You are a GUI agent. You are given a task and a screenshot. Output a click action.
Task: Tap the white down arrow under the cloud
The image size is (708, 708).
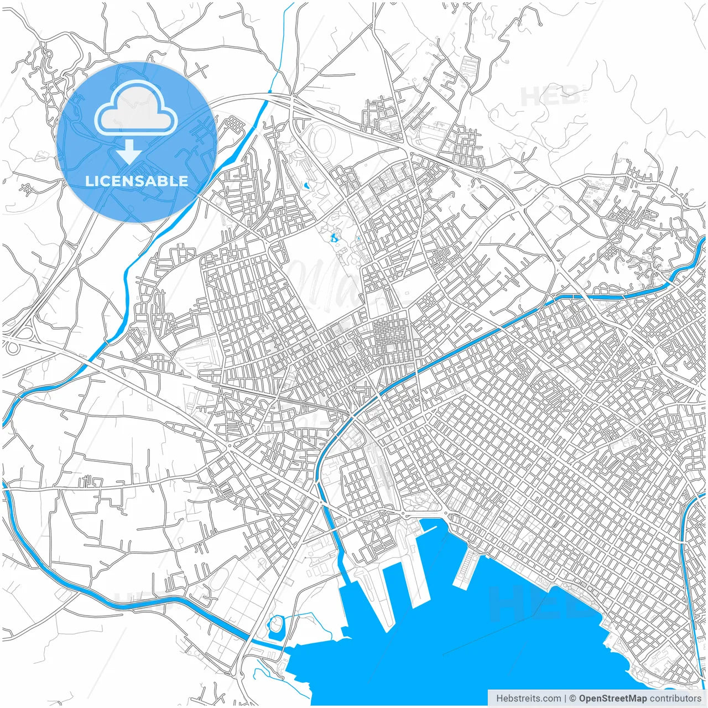(129, 152)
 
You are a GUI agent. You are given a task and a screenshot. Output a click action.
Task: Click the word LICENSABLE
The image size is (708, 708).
(136, 181)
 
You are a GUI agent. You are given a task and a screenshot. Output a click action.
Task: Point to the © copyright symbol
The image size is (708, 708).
(573, 698)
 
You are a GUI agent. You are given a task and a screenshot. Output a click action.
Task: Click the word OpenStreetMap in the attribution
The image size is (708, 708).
(612, 698)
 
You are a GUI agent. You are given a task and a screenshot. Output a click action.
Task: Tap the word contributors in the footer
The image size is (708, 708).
(675, 698)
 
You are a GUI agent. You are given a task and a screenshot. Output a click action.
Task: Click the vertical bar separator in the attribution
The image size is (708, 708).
(566, 698)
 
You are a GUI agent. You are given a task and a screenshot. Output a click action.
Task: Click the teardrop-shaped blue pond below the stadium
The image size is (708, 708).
(306, 185)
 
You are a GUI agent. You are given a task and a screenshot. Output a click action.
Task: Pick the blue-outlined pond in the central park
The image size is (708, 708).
(333, 238)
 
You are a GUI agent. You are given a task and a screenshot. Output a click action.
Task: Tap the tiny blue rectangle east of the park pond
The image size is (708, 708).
(359, 238)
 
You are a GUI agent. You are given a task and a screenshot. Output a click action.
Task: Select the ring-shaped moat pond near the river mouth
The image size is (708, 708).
(275, 626)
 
